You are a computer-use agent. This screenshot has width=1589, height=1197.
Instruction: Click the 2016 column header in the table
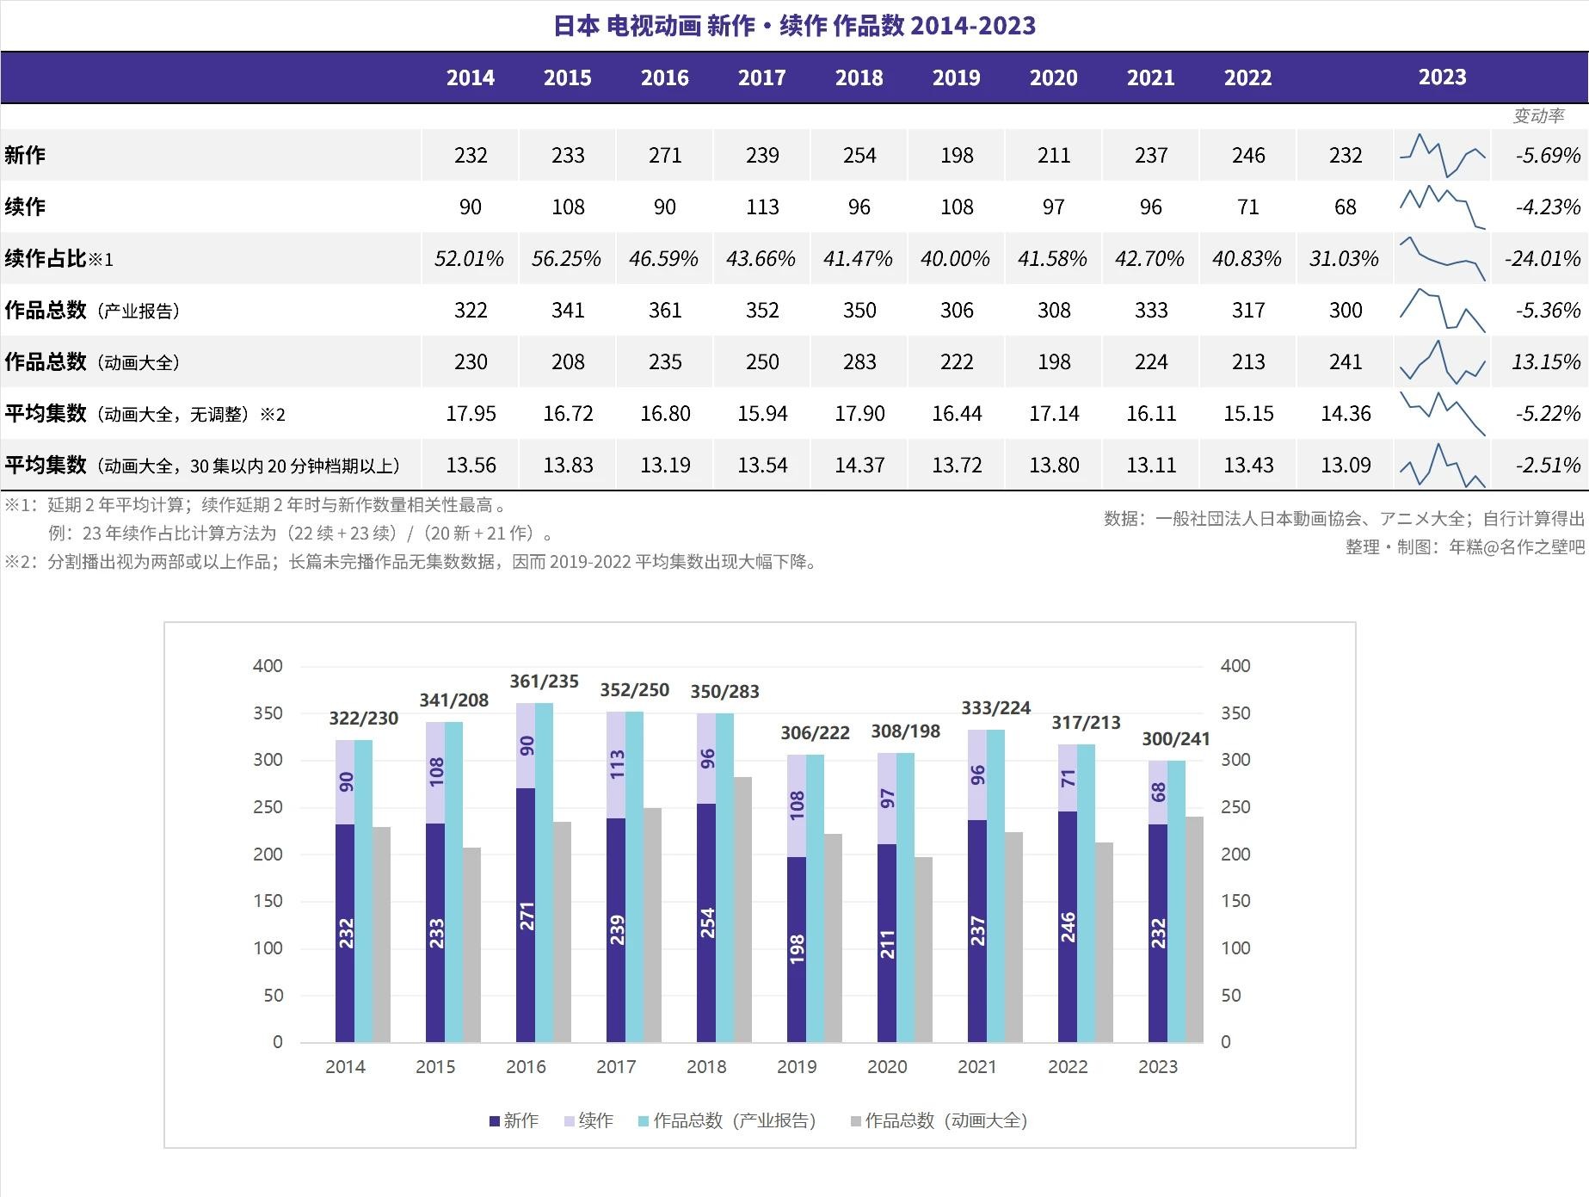coord(664,77)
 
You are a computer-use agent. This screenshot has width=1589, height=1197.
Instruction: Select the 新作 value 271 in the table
coord(664,155)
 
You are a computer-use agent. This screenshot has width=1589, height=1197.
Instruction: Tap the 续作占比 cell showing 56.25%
coord(566,258)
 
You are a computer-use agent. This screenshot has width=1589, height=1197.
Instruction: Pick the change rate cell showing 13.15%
coord(1545,361)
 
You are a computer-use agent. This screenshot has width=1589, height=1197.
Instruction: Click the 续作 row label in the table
coord(25,207)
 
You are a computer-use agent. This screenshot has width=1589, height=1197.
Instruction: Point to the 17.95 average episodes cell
coord(471,413)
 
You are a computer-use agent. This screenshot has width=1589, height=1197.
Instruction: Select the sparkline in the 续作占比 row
coord(1442,258)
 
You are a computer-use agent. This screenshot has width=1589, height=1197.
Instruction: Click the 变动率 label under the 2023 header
coord(1538,115)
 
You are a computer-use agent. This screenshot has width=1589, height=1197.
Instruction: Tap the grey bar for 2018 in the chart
coord(742,909)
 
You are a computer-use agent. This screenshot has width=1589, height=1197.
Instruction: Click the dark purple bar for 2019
coord(797,949)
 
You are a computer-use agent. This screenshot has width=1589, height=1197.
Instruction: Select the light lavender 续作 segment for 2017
coord(616,765)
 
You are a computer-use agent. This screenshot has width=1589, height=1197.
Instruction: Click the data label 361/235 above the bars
coord(544,682)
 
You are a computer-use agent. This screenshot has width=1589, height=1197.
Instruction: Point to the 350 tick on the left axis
coord(268,713)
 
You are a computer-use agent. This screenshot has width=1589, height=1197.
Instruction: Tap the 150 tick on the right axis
coord(1235,901)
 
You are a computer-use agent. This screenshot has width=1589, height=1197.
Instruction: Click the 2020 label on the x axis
coord(887,1067)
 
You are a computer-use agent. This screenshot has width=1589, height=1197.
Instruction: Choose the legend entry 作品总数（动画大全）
coord(939,1120)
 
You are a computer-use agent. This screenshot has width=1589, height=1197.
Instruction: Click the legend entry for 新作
coord(514,1120)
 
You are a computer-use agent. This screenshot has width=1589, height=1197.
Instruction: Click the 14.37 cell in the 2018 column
coord(859,465)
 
